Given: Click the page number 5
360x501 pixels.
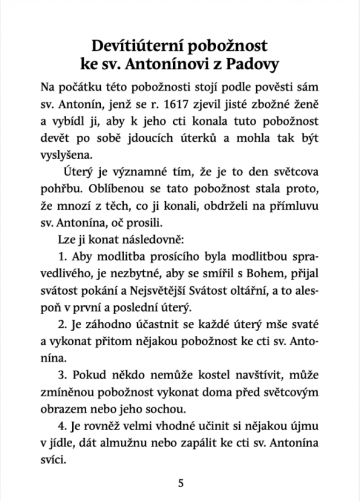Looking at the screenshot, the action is pos(180,483).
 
